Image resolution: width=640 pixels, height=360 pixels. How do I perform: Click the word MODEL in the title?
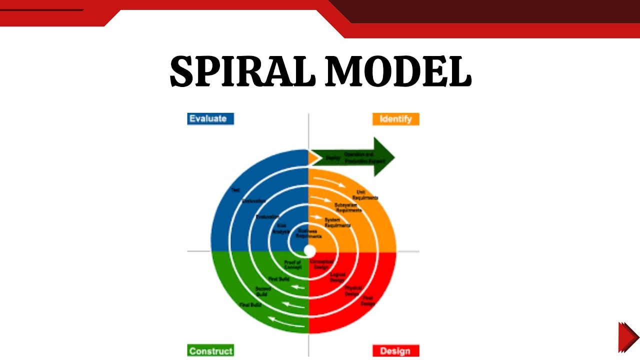point(397,71)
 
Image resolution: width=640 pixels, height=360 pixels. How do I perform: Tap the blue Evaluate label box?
point(210,118)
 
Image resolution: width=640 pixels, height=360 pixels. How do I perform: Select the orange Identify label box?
point(395,119)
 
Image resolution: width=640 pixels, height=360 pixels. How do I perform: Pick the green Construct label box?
point(210,350)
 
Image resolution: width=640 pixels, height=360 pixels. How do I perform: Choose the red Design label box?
point(395,350)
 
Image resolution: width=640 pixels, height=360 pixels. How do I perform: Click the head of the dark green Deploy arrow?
point(384,157)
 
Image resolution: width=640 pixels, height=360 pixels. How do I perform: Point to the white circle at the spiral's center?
point(309,250)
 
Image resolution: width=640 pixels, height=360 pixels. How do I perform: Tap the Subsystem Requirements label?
point(348,207)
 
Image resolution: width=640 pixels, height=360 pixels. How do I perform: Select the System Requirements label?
point(337,222)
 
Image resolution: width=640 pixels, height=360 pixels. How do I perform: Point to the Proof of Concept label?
point(292,264)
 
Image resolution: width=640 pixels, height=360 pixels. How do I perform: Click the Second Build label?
point(263,291)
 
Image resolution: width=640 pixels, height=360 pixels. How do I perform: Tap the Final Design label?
point(368,300)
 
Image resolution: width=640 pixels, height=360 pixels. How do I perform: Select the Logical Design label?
point(337,277)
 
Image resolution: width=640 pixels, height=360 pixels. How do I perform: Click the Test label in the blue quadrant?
point(235,190)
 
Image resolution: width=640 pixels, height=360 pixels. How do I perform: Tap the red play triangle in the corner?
point(627,337)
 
